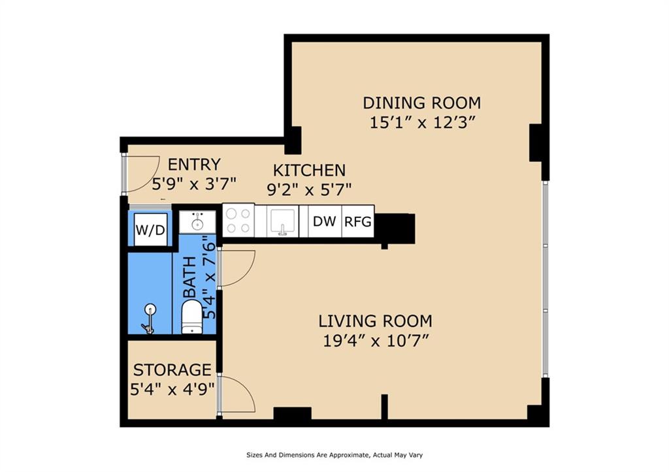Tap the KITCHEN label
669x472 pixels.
click(x=309, y=170)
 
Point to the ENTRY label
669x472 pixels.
click(x=194, y=165)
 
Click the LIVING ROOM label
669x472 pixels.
click(x=375, y=321)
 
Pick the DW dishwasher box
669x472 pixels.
click(x=324, y=221)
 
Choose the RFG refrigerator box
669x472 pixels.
click(x=358, y=221)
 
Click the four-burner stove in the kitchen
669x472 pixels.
click(x=238, y=221)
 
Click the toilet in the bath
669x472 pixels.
click(x=191, y=316)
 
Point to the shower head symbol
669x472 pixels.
click(x=150, y=318)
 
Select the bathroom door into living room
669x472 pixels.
click(x=237, y=268)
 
